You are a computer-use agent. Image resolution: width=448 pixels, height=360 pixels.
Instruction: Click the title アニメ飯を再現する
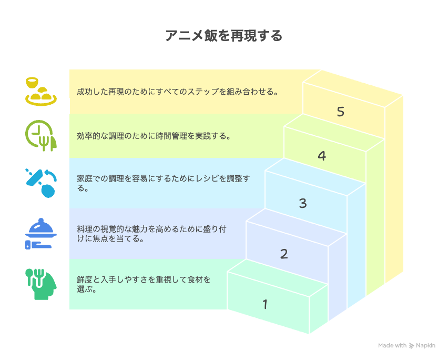click(223, 36)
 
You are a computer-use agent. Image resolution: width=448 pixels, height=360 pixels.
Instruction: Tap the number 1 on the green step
click(265, 304)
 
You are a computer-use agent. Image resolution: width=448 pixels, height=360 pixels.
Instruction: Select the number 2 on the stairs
click(284, 254)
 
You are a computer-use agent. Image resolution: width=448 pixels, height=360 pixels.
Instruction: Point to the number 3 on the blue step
click(303, 203)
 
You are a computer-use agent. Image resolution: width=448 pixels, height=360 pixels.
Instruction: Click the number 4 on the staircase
click(322, 156)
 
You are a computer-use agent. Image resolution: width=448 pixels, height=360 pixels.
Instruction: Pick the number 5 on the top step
click(341, 112)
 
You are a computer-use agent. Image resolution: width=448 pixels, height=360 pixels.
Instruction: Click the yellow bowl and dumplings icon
click(41, 92)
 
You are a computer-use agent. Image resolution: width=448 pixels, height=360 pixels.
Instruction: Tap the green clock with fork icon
click(41, 136)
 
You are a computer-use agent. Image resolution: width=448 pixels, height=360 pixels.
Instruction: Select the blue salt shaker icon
click(41, 183)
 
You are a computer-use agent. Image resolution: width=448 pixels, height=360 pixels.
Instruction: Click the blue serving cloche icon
click(41, 234)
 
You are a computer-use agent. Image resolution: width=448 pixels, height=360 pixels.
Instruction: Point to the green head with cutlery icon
click(41, 284)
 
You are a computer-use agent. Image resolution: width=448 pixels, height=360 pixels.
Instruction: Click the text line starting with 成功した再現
click(177, 92)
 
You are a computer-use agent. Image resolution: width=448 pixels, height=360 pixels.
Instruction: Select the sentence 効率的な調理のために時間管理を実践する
click(154, 136)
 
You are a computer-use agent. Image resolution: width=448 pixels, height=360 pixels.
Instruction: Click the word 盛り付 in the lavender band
click(215, 229)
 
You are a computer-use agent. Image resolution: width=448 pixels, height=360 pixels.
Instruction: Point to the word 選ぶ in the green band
click(85, 289)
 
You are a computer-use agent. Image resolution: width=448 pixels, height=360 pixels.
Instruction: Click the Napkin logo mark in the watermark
click(411, 346)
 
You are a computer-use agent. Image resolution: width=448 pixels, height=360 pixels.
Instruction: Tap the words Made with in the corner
click(392, 345)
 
